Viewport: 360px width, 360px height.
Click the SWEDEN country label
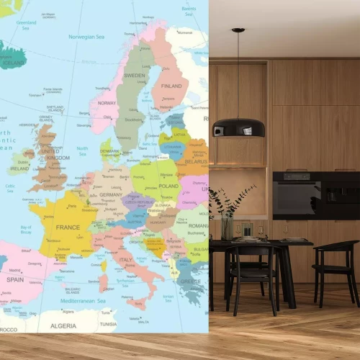pyautogui.click(x=135, y=75)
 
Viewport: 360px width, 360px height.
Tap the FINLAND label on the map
pyautogui.click(x=171, y=86)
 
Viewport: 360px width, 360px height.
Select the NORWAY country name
pyautogui.click(x=107, y=103)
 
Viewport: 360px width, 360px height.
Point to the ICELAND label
pyautogui.click(x=14, y=63)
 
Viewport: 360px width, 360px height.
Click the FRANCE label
pyautogui.click(x=68, y=228)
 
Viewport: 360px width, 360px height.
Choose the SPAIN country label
pyautogui.click(x=15, y=279)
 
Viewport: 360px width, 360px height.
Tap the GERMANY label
pyautogui.click(x=111, y=195)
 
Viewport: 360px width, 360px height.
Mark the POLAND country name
pyautogui.click(x=168, y=186)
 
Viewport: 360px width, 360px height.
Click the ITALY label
pyautogui.click(x=125, y=260)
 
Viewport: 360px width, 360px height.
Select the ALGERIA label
pyautogui.click(x=63, y=325)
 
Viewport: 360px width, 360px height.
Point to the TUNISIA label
pyautogui.click(x=108, y=324)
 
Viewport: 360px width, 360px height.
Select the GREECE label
pyautogui.click(x=190, y=282)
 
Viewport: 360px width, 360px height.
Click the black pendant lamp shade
pyautogui.click(x=239, y=127)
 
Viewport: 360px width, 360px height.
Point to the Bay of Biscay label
pyautogui.click(x=26, y=230)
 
